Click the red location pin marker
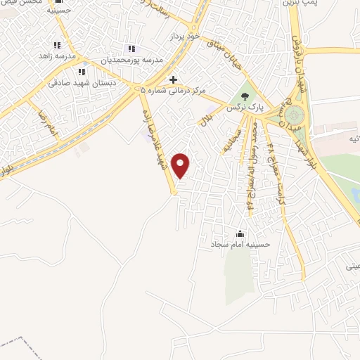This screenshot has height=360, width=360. tap(181, 165)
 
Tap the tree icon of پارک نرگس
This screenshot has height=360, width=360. tap(245, 96)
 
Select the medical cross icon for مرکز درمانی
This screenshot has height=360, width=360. tap(174, 79)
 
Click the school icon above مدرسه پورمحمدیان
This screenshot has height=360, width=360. tap(131, 49)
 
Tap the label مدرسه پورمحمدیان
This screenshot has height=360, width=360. tap(131, 60)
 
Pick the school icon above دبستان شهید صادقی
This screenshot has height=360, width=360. tap(82, 71)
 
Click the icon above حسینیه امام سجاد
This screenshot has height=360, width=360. tap(240, 233)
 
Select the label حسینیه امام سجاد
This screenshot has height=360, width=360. tap(240, 245)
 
